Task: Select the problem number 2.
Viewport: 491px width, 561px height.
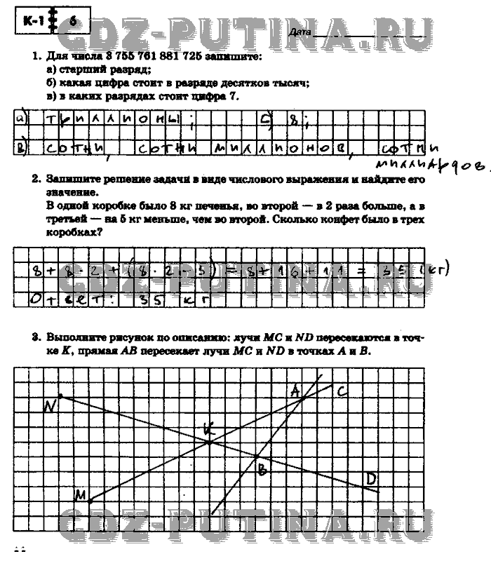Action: coord(34,180)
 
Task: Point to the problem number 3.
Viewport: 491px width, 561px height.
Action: coord(34,337)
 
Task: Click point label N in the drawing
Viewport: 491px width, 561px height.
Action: coord(50,405)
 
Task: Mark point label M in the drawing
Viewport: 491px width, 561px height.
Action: coord(81,496)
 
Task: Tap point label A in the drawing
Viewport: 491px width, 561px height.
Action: coord(295,389)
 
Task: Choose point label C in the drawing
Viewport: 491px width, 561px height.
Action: coord(342,391)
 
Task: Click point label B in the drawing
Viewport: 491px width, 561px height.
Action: coord(261,471)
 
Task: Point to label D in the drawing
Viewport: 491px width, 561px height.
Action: coord(370,478)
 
